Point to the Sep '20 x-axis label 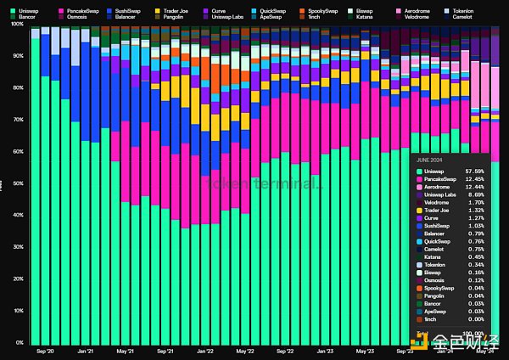point(46,350)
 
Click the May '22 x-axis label point(245,350)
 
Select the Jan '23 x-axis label point(325,350)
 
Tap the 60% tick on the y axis point(18,151)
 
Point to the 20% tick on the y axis point(18,278)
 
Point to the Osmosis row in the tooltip point(435,280)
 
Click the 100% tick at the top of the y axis point(17,24)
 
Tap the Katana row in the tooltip point(433,256)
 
